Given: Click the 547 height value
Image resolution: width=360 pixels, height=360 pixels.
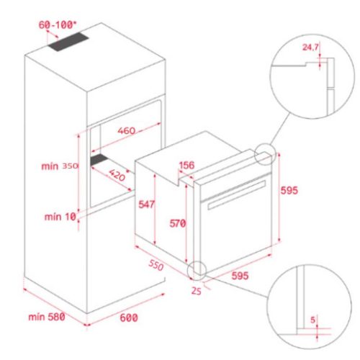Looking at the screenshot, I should (145, 204).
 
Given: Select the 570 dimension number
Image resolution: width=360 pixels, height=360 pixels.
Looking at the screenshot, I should (178, 223).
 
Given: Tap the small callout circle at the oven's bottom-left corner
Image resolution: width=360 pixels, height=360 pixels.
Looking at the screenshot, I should (196, 270).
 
